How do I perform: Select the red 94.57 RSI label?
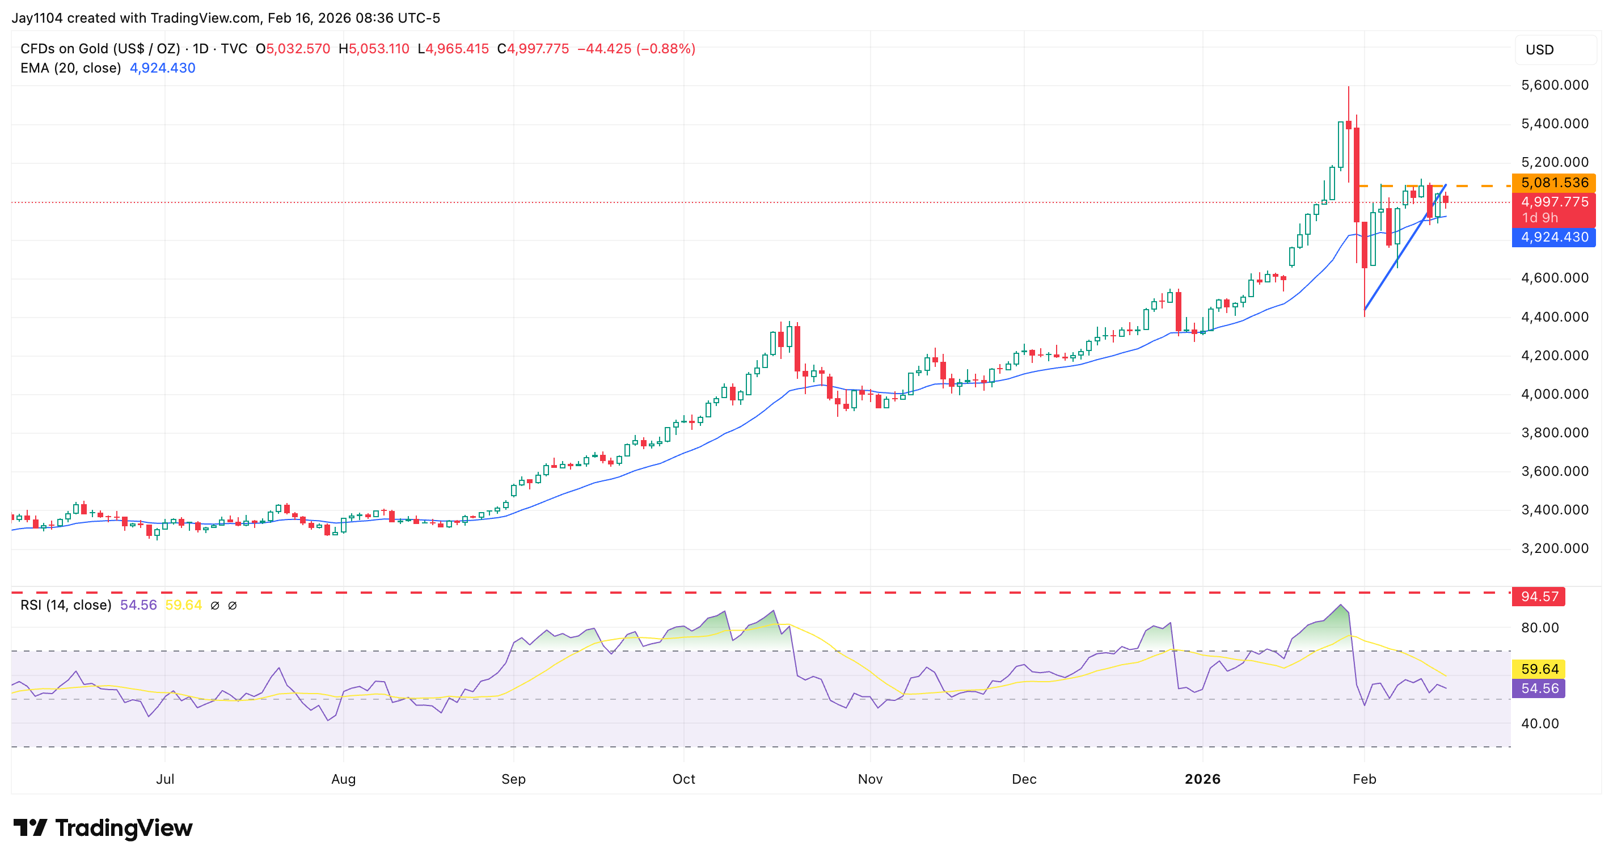[1539, 597]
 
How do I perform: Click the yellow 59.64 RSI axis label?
[1539, 669]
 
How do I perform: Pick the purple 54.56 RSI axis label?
[1539, 688]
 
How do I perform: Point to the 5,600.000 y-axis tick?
[1554, 85]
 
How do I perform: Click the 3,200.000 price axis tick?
[1554, 548]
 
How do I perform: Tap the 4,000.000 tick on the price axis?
[1554, 394]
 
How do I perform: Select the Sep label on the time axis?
[513, 779]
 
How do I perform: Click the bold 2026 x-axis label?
[1202, 779]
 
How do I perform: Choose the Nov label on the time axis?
[870, 779]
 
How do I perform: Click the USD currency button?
[1540, 50]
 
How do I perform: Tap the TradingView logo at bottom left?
[103, 828]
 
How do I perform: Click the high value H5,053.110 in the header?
[374, 49]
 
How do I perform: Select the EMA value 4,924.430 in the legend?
[162, 68]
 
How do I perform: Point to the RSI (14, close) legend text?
[66, 605]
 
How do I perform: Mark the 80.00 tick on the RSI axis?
[1540, 628]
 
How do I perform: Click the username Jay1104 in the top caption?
[37, 18]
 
